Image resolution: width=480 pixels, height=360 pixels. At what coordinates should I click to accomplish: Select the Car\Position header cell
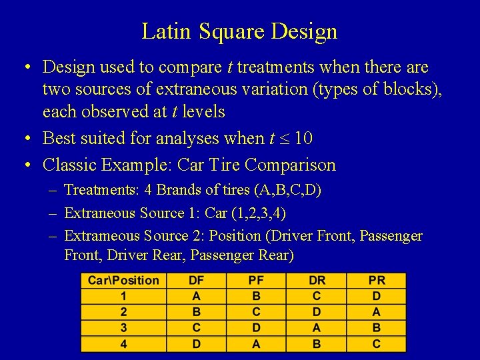[x=123, y=281]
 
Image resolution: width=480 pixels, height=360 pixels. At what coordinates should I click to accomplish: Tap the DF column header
[x=196, y=281]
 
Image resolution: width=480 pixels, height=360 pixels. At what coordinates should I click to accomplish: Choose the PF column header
[x=256, y=281]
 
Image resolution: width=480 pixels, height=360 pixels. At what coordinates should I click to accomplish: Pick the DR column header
[x=317, y=281]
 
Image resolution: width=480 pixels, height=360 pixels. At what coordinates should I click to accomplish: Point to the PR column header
[x=377, y=281]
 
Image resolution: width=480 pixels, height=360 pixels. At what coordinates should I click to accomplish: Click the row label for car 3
[x=123, y=328]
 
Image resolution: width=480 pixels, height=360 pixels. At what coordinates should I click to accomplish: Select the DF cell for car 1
[x=196, y=297]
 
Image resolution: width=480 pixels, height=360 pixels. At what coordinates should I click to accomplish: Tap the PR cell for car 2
[x=377, y=312]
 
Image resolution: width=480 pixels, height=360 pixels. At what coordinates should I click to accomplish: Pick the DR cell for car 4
[x=317, y=344]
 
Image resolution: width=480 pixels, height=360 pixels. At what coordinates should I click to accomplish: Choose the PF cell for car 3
[x=256, y=328]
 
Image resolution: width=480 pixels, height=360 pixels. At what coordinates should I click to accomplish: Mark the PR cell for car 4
[x=377, y=344]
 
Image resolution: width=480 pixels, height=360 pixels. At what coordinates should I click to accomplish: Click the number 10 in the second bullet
[x=303, y=139]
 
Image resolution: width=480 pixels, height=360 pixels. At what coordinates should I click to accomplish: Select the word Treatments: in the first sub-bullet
[x=102, y=190]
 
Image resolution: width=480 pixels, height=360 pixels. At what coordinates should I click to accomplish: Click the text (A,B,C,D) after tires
[x=287, y=190]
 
